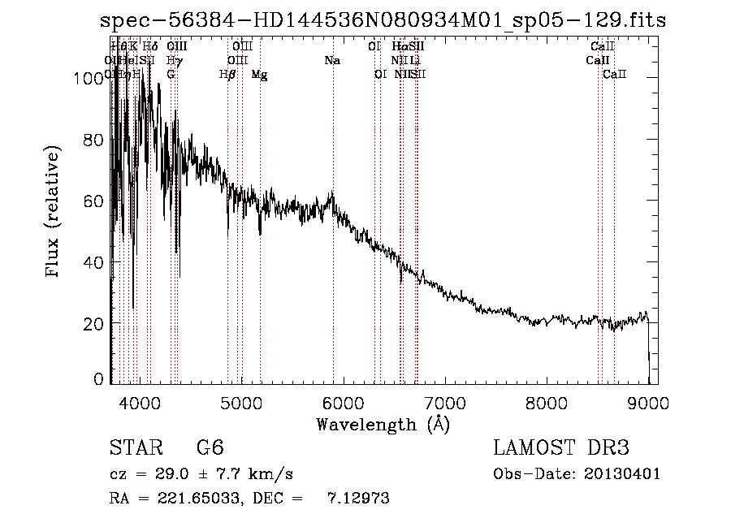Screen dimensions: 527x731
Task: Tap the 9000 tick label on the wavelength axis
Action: [x=647, y=403]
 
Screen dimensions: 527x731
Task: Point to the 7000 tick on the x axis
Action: [x=443, y=403]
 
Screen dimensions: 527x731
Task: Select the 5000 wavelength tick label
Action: [x=240, y=403]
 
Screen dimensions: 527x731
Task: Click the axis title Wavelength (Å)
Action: [x=383, y=424]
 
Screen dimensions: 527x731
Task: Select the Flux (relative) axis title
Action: [x=54, y=214]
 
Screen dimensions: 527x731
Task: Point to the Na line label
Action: [x=331, y=60]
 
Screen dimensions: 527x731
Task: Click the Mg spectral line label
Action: [x=259, y=75]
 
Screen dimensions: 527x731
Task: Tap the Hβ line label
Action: [x=227, y=75]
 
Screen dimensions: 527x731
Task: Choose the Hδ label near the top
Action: [x=150, y=47]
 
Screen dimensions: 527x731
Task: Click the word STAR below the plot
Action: [x=130, y=449]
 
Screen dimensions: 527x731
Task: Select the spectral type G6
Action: [x=210, y=449]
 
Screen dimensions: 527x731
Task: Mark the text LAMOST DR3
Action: [x=560, y=449]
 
